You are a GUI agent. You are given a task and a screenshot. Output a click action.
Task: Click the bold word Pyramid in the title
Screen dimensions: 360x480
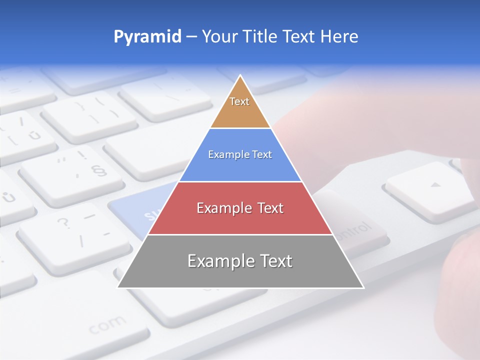(x=147, y=37)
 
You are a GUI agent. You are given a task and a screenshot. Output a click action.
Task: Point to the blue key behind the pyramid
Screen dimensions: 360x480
(x=137, y=210)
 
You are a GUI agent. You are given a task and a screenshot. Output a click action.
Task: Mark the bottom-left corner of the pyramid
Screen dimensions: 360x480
(x=118, y=287)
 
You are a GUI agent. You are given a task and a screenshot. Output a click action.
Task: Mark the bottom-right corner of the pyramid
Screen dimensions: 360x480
(x=363, y=287)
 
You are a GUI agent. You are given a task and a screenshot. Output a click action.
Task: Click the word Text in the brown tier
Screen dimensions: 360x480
(x=239, y=101)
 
